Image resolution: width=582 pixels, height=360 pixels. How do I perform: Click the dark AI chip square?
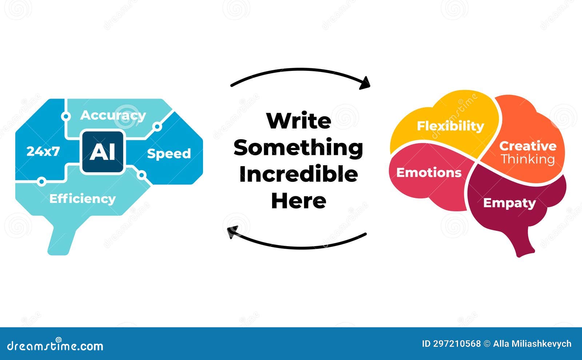point(103,152)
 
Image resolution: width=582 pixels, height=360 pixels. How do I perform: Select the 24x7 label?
point(43,151)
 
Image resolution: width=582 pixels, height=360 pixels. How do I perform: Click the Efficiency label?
point(82,199)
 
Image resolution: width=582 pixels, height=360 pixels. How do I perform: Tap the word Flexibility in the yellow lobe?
point(451,127)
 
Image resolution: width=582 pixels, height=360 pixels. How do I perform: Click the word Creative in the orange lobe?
point(528,146)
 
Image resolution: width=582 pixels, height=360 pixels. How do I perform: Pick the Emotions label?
point(429,173)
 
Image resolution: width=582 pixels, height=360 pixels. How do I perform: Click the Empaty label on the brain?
point(510,203)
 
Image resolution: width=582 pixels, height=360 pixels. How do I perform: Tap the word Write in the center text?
point(299,121)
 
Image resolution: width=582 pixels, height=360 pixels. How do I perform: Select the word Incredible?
point(299,174)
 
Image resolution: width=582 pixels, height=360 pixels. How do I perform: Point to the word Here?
point(299,201)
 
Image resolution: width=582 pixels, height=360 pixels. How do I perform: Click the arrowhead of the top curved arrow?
point(365,83)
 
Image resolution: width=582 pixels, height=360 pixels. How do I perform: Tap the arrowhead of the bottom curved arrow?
point(232,232)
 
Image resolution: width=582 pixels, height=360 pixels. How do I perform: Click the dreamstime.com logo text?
point(55,345)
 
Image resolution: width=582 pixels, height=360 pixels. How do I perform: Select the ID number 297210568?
point(457,344)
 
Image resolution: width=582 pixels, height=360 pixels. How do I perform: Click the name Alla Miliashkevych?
point(532,344)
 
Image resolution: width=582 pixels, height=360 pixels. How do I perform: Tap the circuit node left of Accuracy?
point(66,116)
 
